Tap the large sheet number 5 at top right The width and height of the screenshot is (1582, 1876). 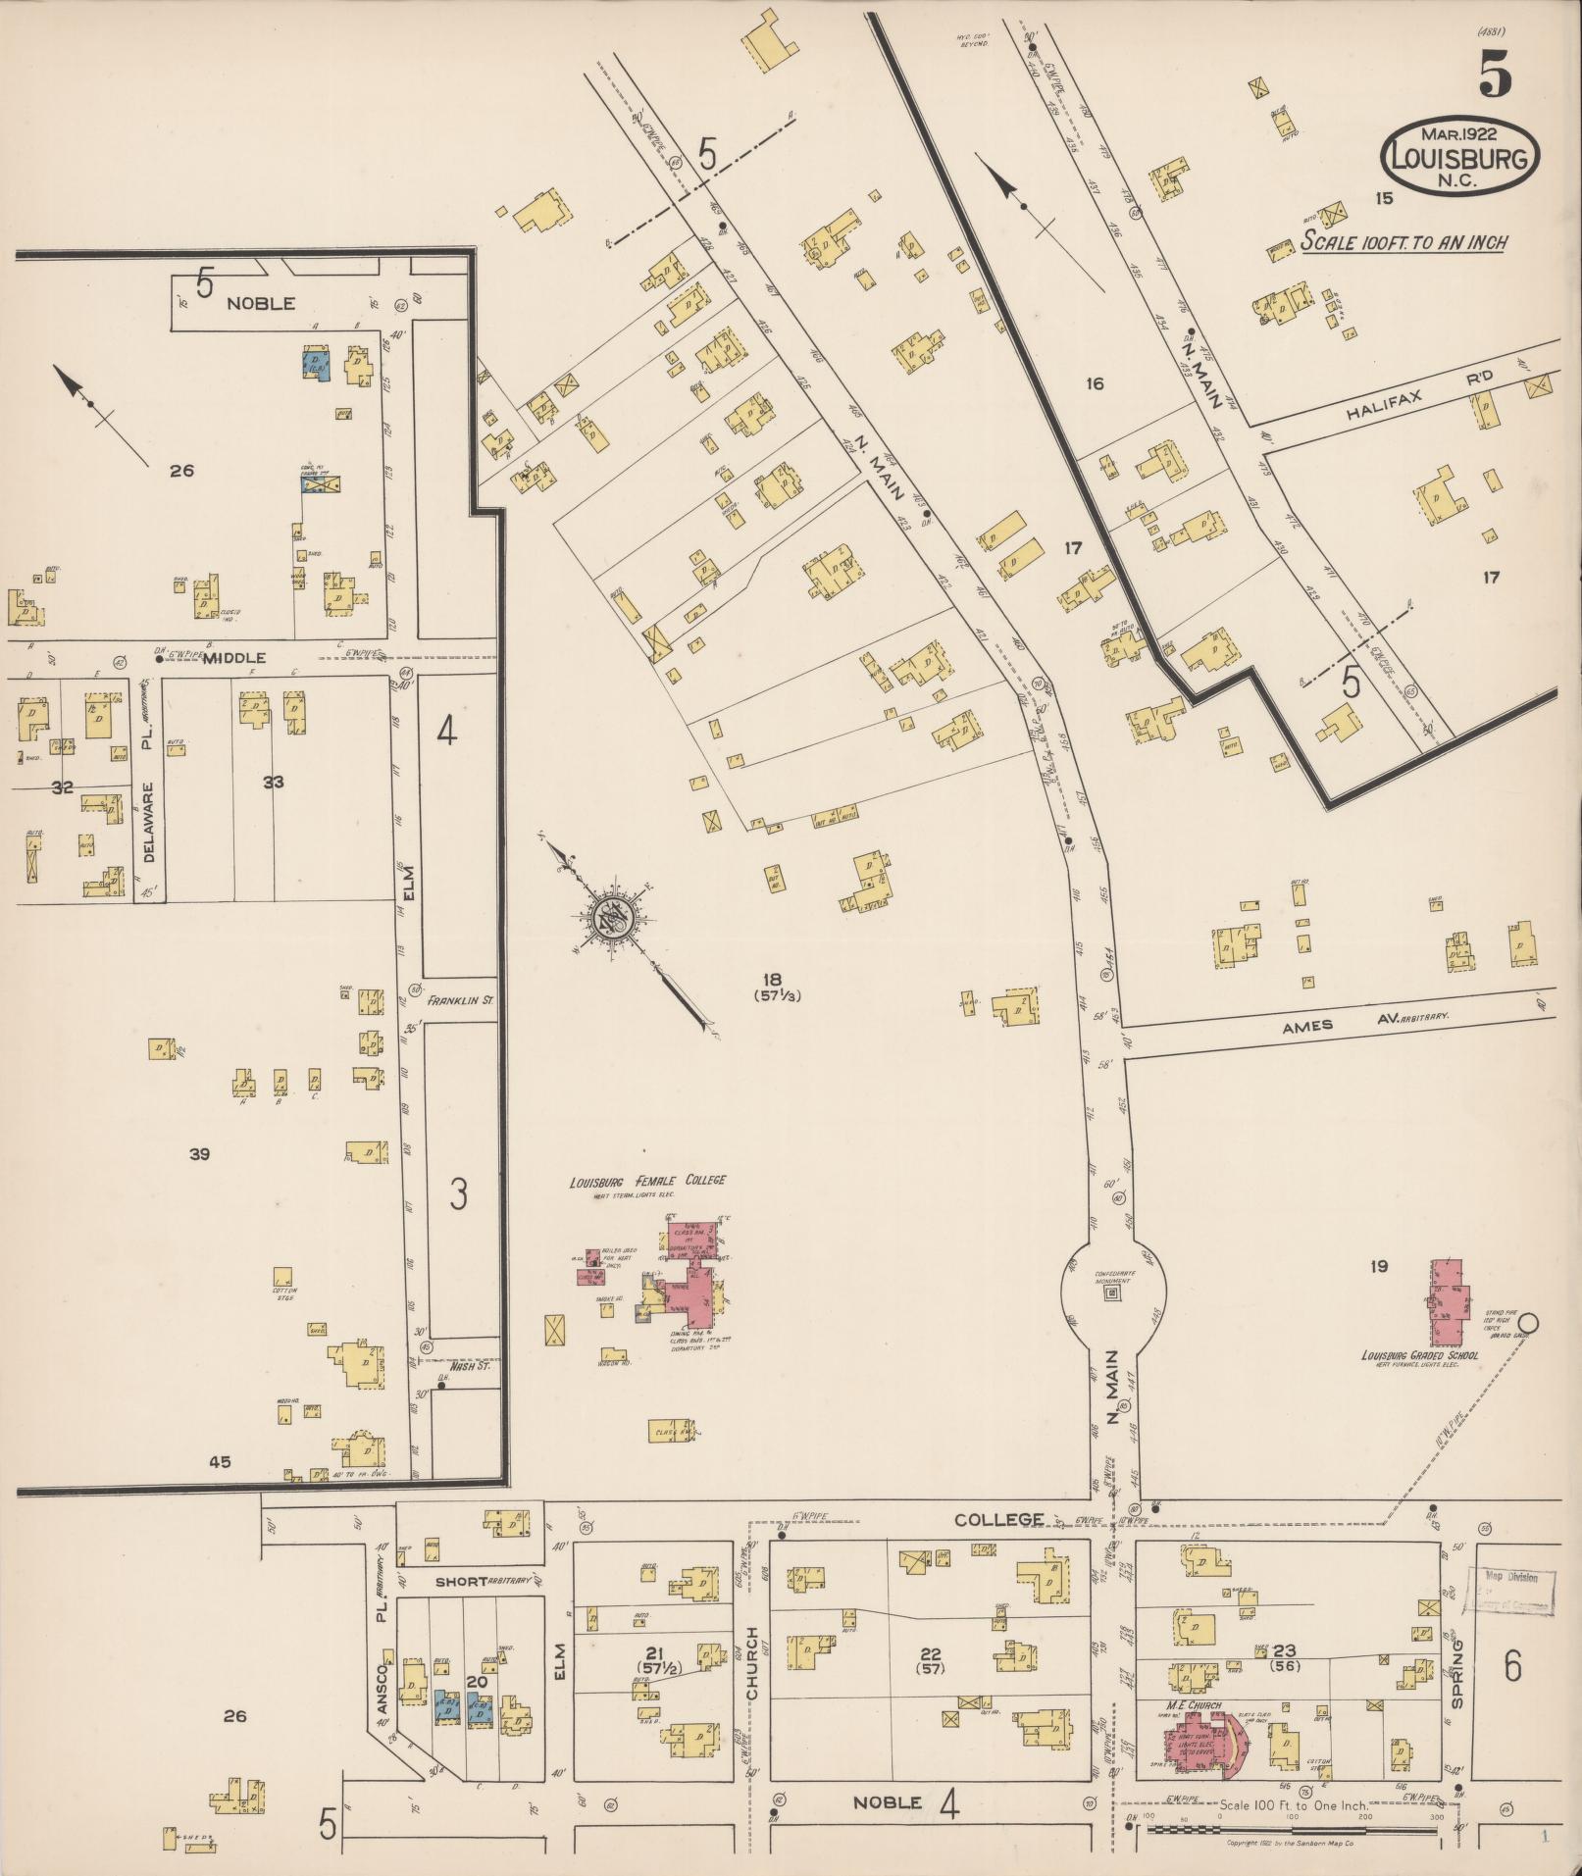point(1494,74)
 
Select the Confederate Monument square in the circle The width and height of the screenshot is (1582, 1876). point(1112,1294)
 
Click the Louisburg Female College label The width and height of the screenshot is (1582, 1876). point(648,1180)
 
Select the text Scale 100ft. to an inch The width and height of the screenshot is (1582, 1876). point(1403,242)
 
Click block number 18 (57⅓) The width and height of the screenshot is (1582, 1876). point(773,986)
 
